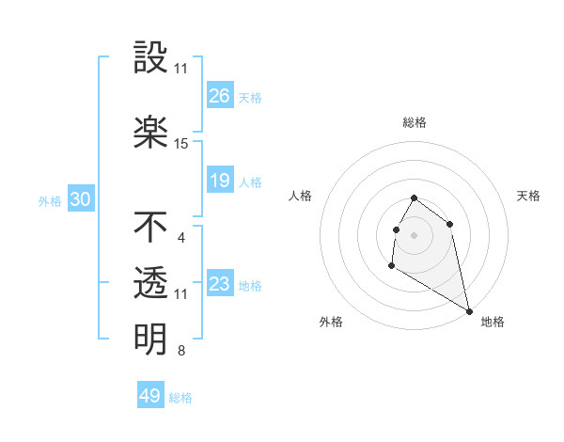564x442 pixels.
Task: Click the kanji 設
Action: point(150,60)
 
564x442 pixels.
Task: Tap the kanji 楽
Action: point(150,133)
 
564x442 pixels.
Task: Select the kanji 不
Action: point(150,227)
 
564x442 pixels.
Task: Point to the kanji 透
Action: point(150,283)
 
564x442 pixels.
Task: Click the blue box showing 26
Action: point(220,96)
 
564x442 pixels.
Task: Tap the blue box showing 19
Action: point(220,181)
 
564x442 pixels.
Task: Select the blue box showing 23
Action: point(220,284)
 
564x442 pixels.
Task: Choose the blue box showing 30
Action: point(80,200)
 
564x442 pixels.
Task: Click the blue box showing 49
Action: point(150,396)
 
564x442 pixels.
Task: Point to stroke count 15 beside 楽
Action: point(181,144)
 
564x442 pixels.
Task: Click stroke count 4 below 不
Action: point(181,238)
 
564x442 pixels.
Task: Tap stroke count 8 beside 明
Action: point(181,352)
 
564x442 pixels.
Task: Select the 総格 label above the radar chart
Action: point(415,122)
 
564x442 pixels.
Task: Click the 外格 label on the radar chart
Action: point(331,322)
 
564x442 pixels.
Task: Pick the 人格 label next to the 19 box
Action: point(250,182)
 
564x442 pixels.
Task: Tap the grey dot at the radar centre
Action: point(415,234)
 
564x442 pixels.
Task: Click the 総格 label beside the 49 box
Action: point(181,398)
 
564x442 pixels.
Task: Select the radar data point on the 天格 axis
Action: point(450,224)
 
